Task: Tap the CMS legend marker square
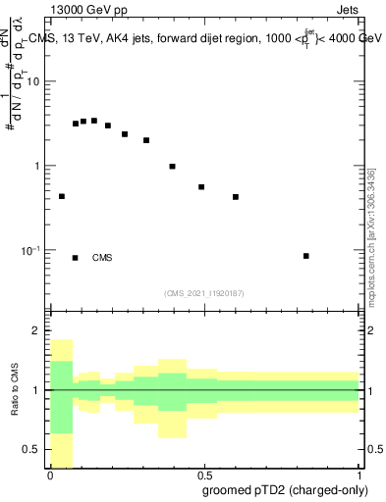(75, 258)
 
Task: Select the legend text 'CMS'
(102, 258)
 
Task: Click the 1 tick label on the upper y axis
(37, 166)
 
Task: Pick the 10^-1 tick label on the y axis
(31, 251)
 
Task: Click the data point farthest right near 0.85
(306, 256)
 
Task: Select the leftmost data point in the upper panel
(62, 196)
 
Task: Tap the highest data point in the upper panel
(94, 121)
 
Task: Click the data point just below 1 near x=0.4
(172, 167)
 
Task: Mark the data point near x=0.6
(236, 197)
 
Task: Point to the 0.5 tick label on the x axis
(203, 475)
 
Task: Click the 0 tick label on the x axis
(50, 475)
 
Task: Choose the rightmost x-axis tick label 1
(358, 475)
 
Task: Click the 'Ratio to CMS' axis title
(14, 390)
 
